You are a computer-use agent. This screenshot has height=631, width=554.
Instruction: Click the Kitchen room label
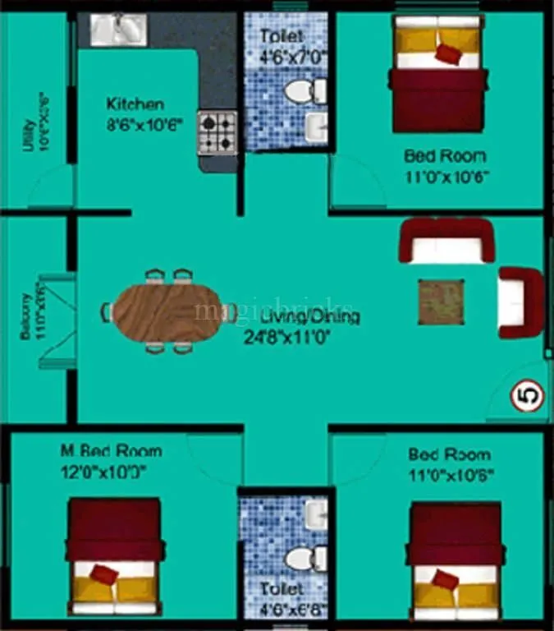(x=135, y=104)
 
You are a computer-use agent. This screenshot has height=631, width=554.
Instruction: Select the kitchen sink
(x=117, y=30)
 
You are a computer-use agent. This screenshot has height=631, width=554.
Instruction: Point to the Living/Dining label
(x=310, y=316)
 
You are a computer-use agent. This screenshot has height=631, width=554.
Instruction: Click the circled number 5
(x=528, y=397)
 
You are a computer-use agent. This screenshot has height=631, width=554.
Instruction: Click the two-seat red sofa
(x=447, y=240)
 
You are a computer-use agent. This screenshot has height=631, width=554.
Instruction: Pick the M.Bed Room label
(x=111, y=451)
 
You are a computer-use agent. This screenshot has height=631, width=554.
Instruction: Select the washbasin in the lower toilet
(x=315, y=514)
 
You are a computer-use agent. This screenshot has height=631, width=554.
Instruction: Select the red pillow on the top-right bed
(x=447, y=53)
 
